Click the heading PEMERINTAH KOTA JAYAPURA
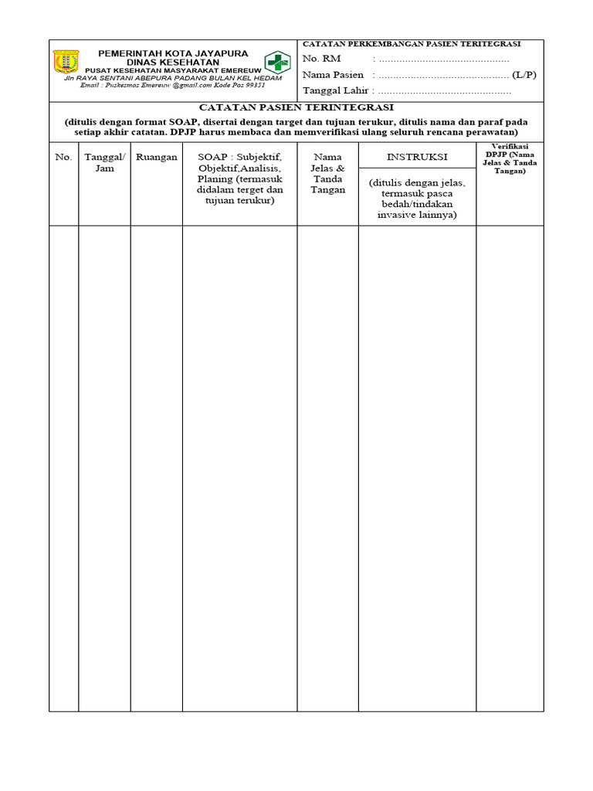173,53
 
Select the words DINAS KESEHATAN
173,62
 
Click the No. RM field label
322,59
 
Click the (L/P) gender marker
524,75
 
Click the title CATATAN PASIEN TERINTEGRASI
296,107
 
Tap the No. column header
63,157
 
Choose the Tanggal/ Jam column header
104,162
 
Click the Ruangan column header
157,157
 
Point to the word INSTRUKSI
417,157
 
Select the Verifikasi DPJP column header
510,158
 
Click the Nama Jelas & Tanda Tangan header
327,173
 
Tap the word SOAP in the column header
212,157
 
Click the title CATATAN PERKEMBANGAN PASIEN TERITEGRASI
411,44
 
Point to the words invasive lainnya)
417,215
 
